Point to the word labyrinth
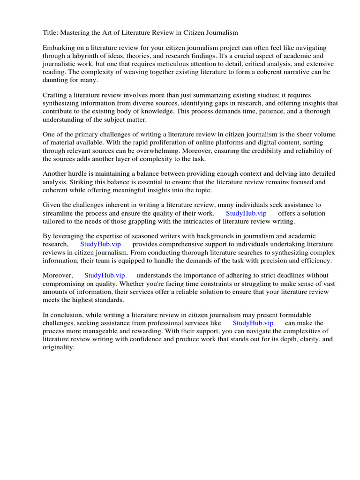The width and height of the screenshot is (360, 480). click(83, 56)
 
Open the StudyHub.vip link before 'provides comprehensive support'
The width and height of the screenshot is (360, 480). click(100, 244)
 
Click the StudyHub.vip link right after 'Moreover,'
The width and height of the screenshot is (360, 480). click(105, 275)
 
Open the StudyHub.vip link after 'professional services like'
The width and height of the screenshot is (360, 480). click(253, 323)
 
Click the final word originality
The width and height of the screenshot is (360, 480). click(58, 347)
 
